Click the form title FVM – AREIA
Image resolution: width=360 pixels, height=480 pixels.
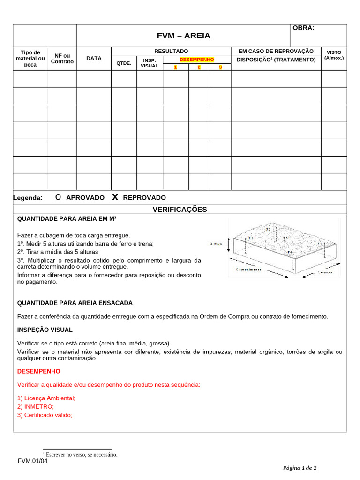(x=183, y=36)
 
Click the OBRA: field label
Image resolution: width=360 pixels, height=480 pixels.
(x=303, y=28)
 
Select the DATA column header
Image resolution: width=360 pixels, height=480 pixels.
(x=94, y=59)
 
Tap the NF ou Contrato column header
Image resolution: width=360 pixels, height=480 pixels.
(x=62, y=59)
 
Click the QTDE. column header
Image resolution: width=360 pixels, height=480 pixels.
(x=124, y=63)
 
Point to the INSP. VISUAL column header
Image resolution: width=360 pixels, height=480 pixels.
(x=150, y=63)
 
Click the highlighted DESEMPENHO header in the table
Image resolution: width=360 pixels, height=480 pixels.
(x=197, y=60)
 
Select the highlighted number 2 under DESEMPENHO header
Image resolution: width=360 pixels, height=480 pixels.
(x=199, y=67)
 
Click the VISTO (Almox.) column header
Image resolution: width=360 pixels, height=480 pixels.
(x=334, y=55)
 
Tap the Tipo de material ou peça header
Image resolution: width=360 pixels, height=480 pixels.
(x=30, y=59)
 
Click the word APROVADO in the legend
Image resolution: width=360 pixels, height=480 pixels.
(x=85, y=198)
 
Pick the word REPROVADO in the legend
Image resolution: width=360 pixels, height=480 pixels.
(x=144, y=198)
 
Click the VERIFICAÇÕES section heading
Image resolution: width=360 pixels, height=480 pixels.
(x=180, y=210)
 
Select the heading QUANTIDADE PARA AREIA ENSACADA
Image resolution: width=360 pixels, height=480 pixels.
(x=75, y=303)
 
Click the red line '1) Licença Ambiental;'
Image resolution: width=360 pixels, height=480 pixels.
(x=46, y=398)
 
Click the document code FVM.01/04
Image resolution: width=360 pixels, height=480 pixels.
(x=33, y=461)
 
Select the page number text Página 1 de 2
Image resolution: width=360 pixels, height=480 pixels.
(x=300, y=468)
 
